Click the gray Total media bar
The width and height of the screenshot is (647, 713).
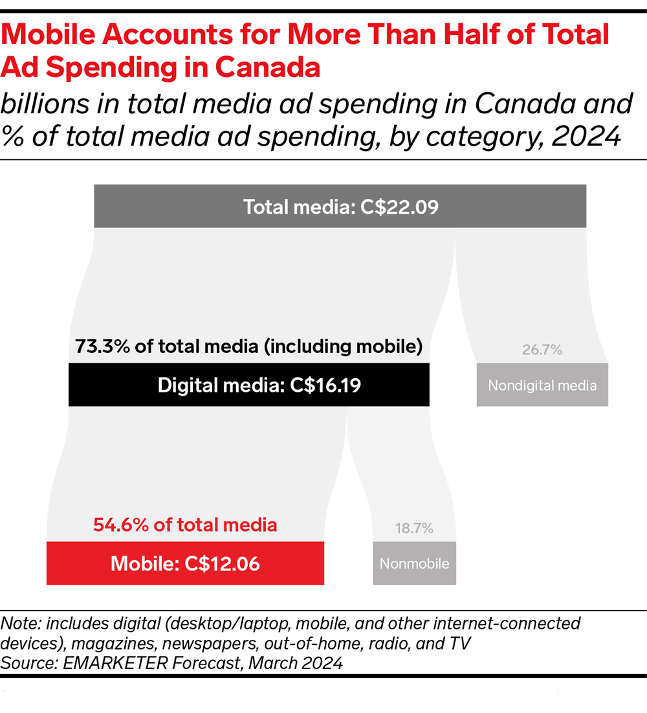(x=340, y=206)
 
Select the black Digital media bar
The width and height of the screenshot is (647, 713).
(x=249, y=385)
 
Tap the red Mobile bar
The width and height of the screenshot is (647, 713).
(x=185, y=563)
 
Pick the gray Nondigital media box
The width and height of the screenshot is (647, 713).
(x=542, y=385)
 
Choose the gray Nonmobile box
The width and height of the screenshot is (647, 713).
(x=414, y=563)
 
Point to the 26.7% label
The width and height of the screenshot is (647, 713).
(x=542, y=350)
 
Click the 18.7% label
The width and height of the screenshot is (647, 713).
(x=414, y=528)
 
